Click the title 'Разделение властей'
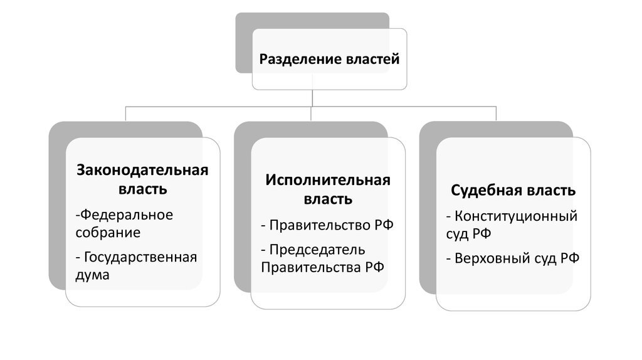(x=329, y=60)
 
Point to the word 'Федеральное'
(x=125, y=215)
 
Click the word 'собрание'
(x=108, y=233)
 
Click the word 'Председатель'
(x=318, y=250)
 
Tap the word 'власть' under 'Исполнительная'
(x=327, y=199)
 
